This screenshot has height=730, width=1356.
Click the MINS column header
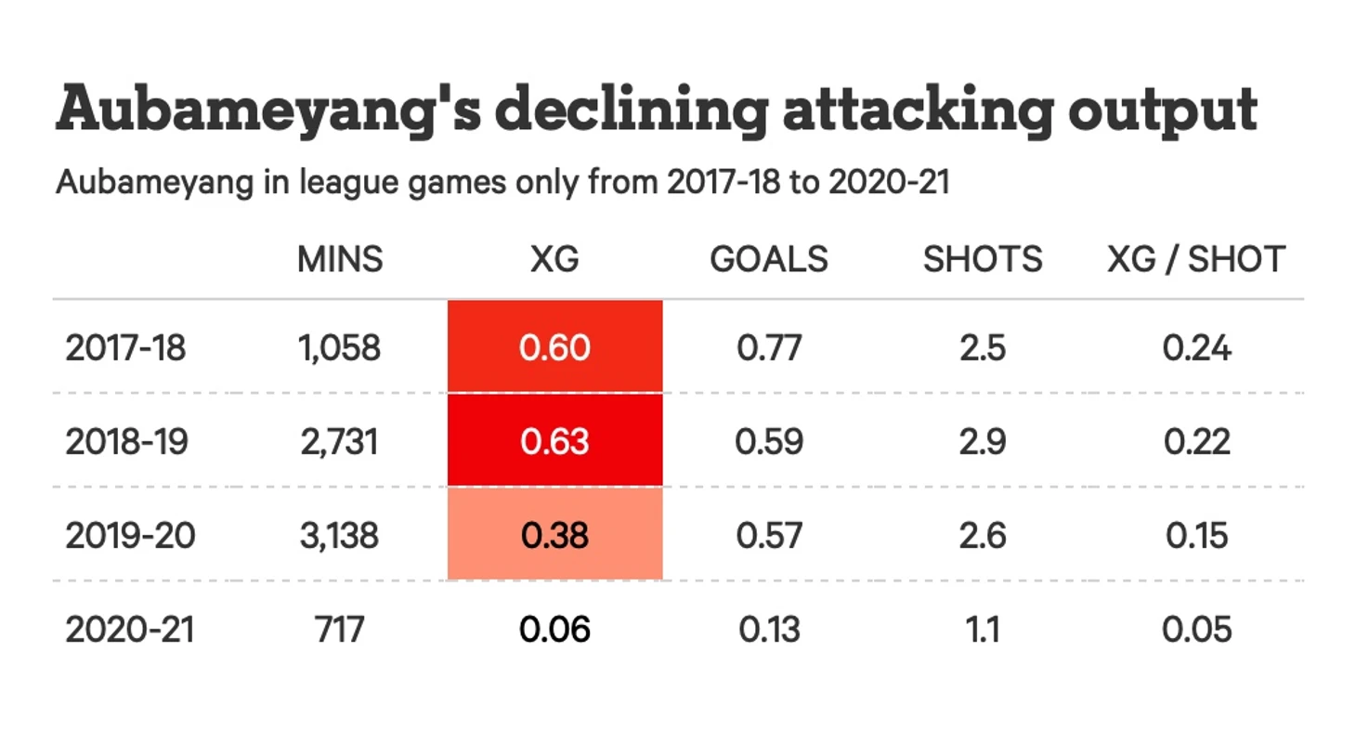click(340, 259)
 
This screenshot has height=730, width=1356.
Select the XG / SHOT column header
click(1196, 259)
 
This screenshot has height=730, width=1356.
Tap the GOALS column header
click(769, 259)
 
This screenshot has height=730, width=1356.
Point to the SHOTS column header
click(983, 259)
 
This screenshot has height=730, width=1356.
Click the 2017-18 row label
click(125, 348)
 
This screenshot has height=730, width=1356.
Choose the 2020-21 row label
click(130, 630)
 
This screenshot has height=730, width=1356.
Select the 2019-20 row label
click(130, 536)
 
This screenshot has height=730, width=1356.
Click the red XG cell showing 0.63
click(554, 441)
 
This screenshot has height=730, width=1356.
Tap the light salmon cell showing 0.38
click(554, 536)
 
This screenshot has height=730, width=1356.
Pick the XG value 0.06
click(554, 630)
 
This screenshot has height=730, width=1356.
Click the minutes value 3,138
click(340, 536)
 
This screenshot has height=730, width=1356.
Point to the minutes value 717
click(340, 630)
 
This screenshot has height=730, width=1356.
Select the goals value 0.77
click(769, 348)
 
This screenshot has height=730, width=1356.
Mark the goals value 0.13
click(769, 630)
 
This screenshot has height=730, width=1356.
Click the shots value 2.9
click(983, 441)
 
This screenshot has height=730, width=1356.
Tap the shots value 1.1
click(983, 630)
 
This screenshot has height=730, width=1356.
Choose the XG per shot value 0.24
click(1196, 348)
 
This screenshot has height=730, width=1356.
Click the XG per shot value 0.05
click(1196, 630)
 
